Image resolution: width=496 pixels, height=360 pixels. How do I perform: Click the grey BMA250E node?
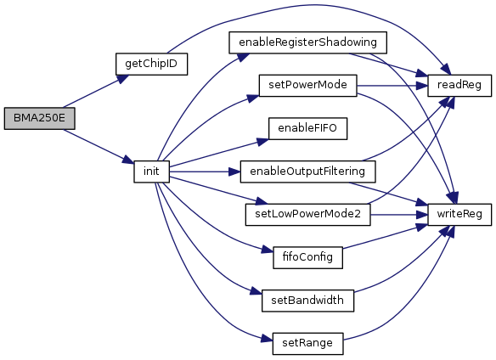[x=40, y=118]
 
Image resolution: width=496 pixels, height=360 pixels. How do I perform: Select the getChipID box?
[x=151, y=64]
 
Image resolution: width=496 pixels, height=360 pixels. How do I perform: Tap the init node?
[x=151, y=172]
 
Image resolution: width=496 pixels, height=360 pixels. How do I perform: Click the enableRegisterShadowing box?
[x=307, y=42]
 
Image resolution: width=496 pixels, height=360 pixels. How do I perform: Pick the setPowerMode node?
[x=307, y=86]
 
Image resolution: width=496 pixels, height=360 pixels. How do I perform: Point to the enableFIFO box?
[x=307, y=128]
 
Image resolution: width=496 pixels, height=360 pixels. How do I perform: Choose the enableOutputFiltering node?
[x=307, y=172]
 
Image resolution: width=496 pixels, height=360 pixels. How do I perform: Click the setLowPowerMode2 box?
[x=307, y=215]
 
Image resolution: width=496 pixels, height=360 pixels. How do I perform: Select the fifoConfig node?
[x=307, y=257]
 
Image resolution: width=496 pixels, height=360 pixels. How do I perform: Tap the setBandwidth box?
[x=307, y=301]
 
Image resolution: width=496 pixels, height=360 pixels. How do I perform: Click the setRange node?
[x=307, y=344]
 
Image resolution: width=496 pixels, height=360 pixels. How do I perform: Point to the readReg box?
[x=459, y=86]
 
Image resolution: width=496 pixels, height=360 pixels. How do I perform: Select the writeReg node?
[x=459, y=215]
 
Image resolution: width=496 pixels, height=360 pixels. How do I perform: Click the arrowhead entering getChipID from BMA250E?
[x=123, y=78]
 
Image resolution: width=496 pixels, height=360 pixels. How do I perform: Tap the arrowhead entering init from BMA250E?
[x=128, y=160]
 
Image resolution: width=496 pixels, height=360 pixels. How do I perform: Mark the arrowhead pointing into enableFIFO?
[x=262, y=142]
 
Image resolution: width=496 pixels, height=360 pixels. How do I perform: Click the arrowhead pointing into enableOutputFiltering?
[x=234, y=172]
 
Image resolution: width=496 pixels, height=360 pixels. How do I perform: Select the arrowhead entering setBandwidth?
[x=256, y=292]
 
